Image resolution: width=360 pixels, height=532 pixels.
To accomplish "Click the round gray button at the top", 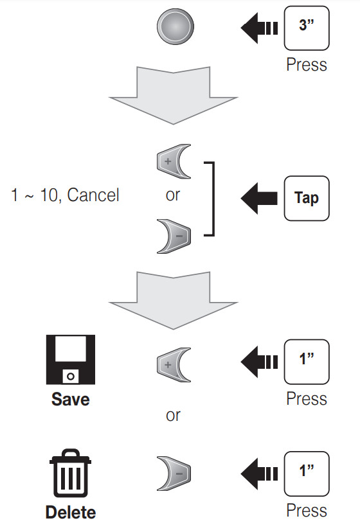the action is (175, 27).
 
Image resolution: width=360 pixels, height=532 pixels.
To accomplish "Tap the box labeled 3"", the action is (307, 28).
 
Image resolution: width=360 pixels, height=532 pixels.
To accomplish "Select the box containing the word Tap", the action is (307, 198).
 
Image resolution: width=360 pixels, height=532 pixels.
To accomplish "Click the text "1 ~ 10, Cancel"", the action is (65, 195).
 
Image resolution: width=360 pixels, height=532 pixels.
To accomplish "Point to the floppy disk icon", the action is (71, 360).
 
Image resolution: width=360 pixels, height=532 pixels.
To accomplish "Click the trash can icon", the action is (71, 474).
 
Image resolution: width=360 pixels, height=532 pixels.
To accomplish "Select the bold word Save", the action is (71, 400).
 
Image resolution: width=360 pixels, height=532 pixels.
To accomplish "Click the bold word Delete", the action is (71, 512).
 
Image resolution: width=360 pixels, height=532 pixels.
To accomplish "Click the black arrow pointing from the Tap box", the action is (259, 198).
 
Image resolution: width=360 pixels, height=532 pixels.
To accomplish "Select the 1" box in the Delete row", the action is (307, 474).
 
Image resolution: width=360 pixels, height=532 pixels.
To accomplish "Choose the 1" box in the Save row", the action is (307, 362).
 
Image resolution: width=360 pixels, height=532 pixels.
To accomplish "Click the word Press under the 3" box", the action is (307, 64).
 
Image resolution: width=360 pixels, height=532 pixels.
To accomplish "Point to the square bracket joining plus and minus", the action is (213, 199).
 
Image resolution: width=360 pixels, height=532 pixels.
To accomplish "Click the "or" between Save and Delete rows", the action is (173, 415).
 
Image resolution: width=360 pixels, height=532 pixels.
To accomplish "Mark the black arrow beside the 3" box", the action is (259, 28).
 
